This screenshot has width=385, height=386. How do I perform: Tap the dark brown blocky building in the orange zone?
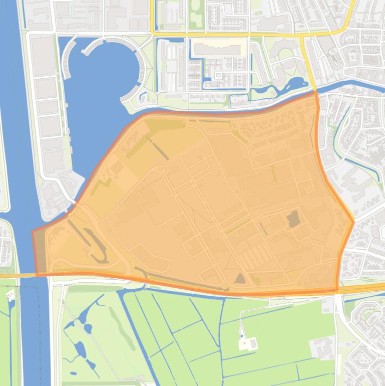click(293, 219)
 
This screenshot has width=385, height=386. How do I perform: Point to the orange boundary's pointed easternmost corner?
click(353, 221)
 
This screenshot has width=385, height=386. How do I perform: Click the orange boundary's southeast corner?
click(336, 290)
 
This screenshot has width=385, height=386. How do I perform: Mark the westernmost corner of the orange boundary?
click(33, 232)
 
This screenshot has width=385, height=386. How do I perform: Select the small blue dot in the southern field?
click(242, 336)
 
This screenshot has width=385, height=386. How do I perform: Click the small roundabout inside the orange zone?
click(160, 169)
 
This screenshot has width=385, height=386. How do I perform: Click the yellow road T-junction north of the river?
click(302, 35)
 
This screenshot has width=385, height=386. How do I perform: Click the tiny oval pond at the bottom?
click(74, 373)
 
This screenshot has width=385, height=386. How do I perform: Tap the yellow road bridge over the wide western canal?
click(20, 275)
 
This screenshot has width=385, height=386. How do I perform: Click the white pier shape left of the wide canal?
click(12, 294)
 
